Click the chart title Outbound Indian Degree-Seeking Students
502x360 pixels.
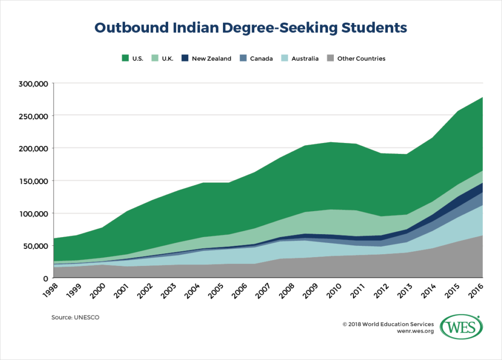click(x=251, y=28)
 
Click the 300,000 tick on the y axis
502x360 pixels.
click(x=33, y=84)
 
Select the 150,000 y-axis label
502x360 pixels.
click(x=33, y=181)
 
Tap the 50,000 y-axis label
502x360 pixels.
click(x=35, y=245)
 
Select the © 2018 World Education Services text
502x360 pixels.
click(x=388, y=324)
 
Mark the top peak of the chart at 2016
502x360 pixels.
click(x=482, y=97)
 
